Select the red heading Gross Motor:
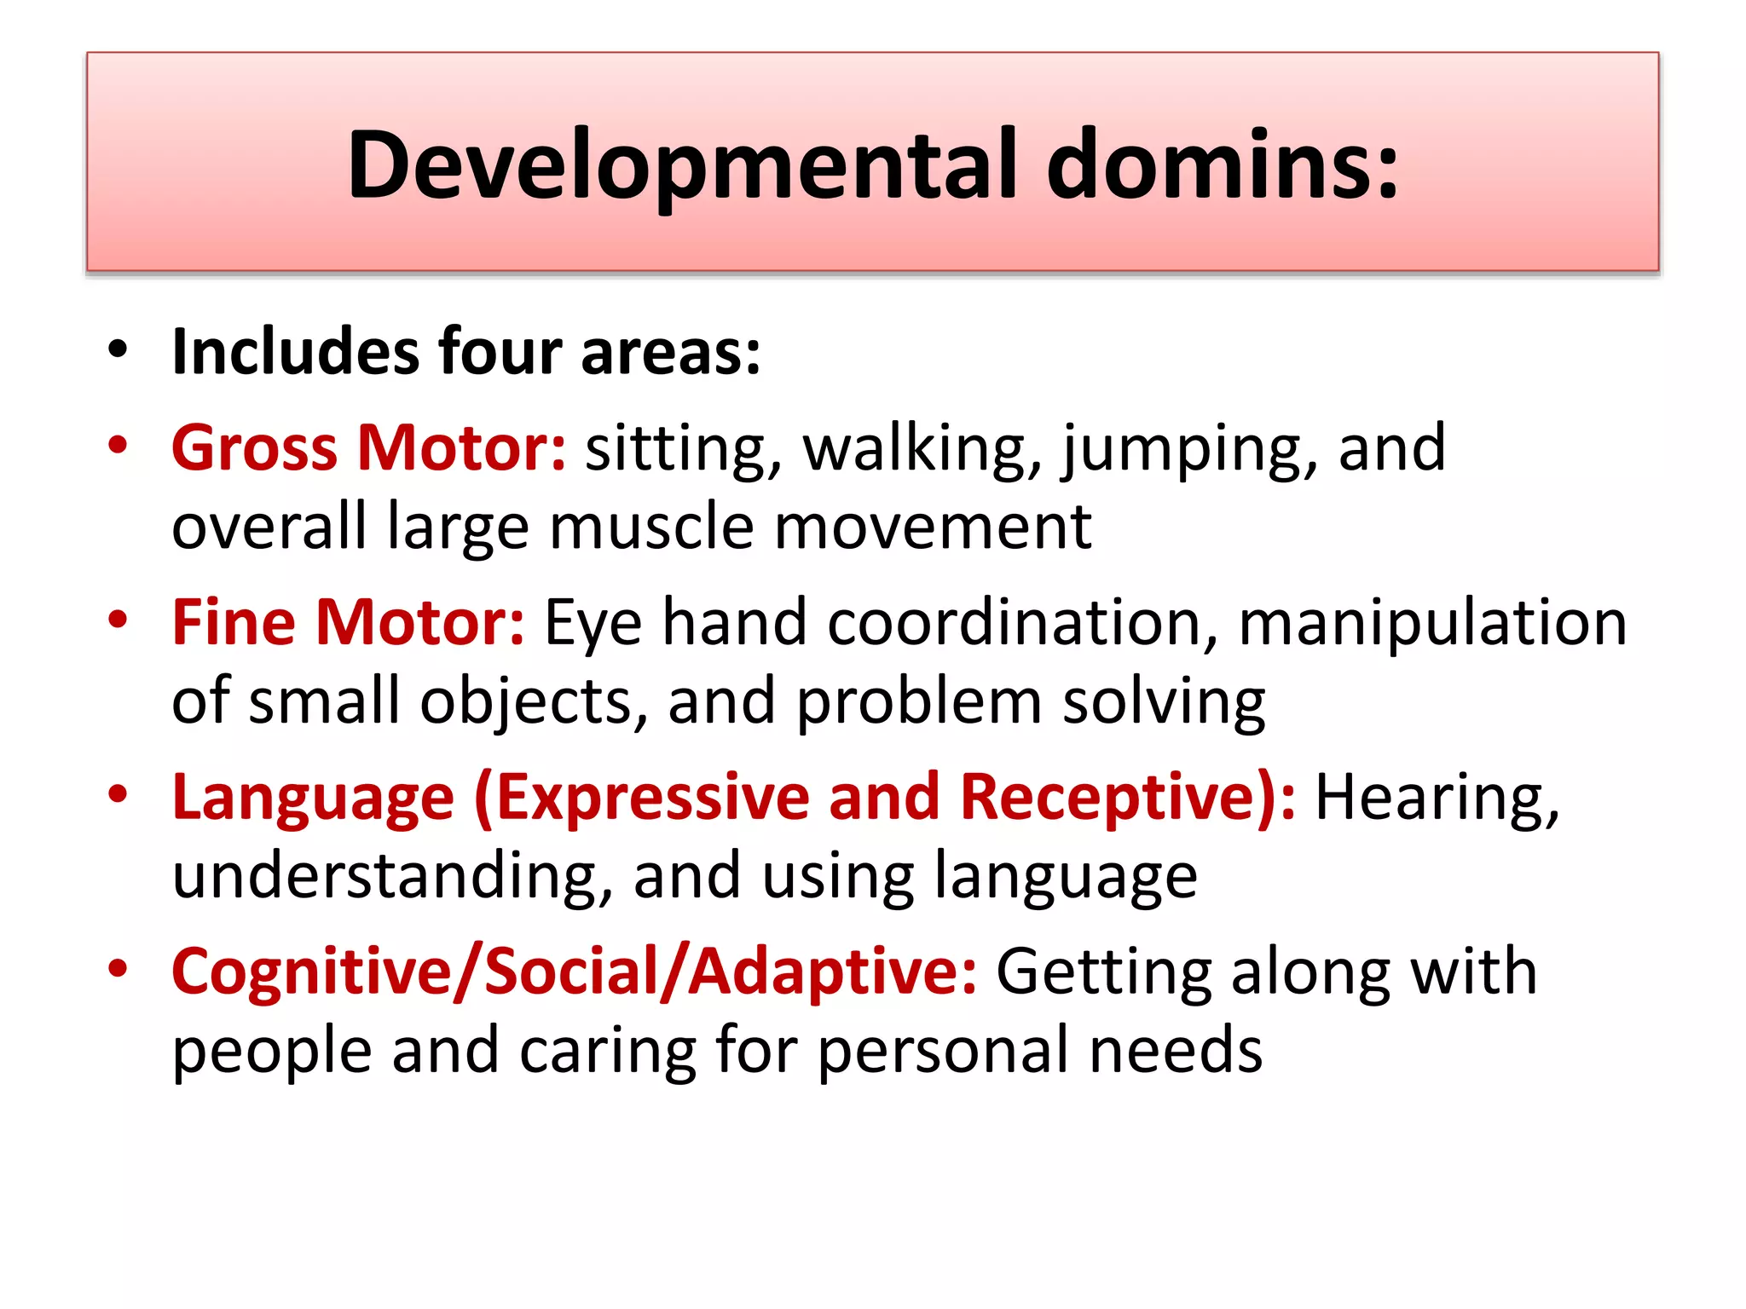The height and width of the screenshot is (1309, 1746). [368, 448]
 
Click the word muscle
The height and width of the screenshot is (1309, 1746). [651, 527]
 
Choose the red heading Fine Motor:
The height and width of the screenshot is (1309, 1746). [348, 622]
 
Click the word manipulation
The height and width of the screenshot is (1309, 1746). [1432, 624]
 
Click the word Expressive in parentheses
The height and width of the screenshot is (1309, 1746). [652, 798]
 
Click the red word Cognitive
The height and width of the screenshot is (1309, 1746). [311, 972]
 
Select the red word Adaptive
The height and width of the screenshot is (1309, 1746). [831, 973]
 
